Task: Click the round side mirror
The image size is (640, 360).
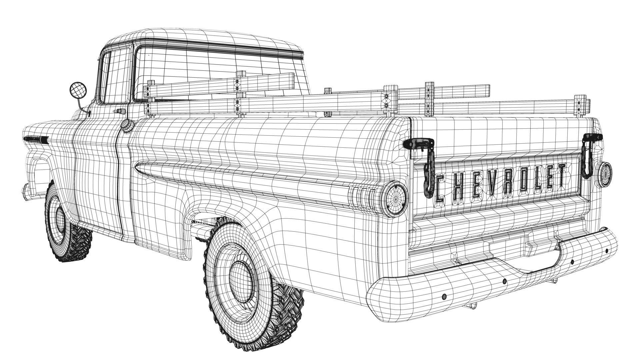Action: pos(78,90)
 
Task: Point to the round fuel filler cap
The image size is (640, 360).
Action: pos(127,126)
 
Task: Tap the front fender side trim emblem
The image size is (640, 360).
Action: pos(35,140)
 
